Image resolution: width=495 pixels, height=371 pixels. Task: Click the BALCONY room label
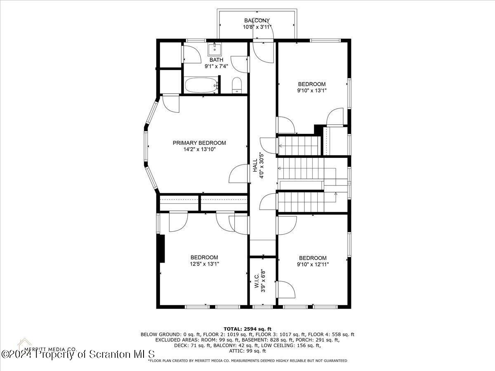point(257,21)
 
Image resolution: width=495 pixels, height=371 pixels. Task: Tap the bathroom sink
point(214,49)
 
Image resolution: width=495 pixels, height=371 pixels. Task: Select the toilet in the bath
point(237,85)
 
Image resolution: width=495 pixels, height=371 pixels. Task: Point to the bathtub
point(202,85)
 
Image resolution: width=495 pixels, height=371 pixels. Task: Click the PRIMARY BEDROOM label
point(199,143)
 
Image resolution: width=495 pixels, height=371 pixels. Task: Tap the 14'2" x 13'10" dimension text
point(199,149)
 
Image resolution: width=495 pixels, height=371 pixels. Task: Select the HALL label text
point(255,166)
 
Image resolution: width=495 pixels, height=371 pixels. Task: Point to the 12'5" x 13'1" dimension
point(204,264)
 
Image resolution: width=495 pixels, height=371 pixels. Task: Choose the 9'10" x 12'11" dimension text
point(313,264)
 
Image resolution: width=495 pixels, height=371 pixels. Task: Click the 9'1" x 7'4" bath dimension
point(216,66)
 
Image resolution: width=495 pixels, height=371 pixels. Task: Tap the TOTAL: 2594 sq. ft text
point(247,329)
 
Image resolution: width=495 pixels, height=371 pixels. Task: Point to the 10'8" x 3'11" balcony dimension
point(257,27)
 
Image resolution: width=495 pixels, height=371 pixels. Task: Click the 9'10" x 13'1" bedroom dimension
point(312,91)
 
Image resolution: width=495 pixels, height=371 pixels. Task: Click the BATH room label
point(216,60)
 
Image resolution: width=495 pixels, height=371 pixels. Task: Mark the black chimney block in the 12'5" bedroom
point(162,249)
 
